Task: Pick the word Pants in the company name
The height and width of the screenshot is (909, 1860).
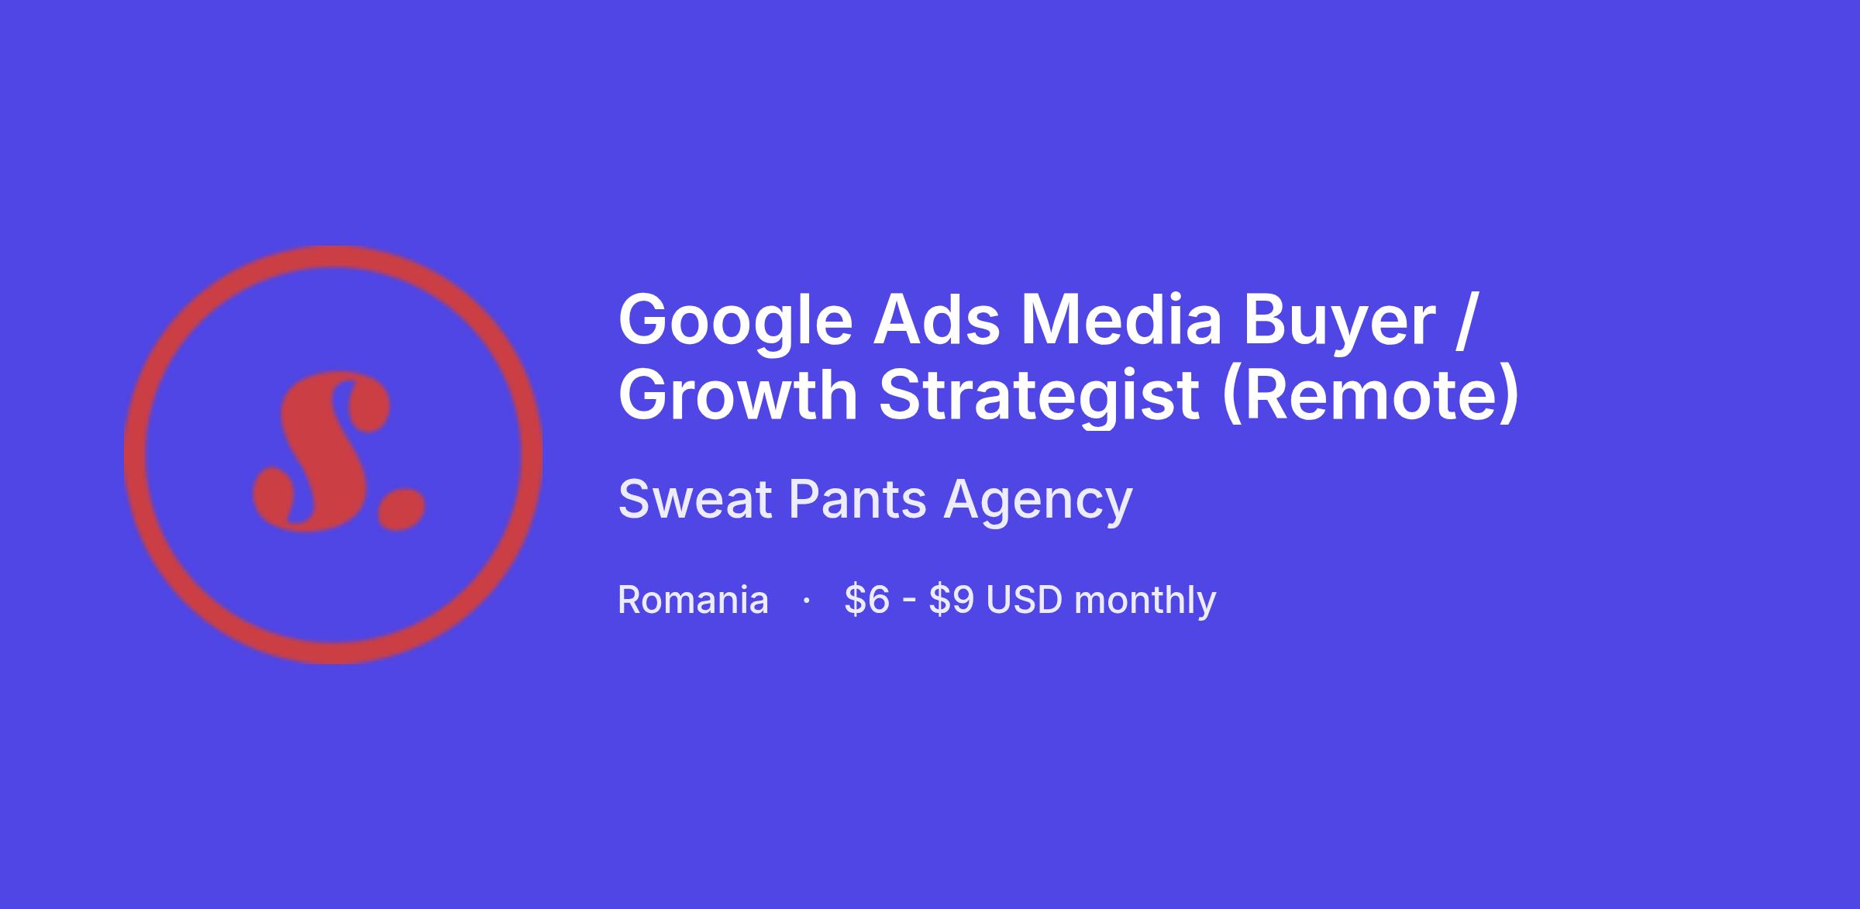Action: point(857,499)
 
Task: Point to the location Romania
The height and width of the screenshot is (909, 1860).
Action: point(693,601)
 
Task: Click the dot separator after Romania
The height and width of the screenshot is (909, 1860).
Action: point(807,601)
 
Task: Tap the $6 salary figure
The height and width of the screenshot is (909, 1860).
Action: point(867,600)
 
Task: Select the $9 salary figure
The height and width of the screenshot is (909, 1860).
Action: point(952,600)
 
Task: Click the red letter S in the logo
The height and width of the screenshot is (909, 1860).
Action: point(322,451)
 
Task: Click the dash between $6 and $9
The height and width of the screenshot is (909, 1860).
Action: point(909,602)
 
